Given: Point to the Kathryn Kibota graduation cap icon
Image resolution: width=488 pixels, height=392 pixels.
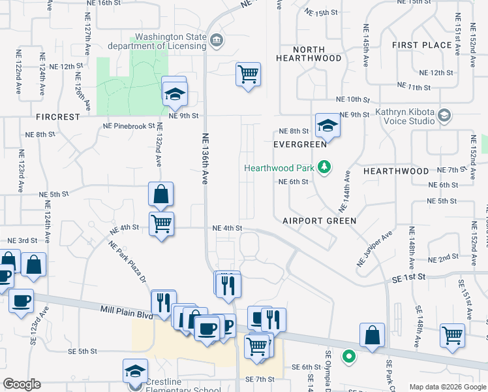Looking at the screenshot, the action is point(444,115).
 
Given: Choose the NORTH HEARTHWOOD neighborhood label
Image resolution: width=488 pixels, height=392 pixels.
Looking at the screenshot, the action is point(309,54).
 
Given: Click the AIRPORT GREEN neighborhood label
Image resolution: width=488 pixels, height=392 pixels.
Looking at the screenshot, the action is point(319,221).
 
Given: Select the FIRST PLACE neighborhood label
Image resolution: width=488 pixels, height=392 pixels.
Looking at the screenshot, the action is point(422,45).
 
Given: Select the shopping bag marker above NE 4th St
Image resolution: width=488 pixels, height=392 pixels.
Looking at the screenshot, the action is point(160,193).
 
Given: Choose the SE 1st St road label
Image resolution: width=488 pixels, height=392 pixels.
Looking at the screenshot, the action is point(409,277).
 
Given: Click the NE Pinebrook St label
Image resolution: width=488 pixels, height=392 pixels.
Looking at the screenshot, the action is point(127,126).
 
